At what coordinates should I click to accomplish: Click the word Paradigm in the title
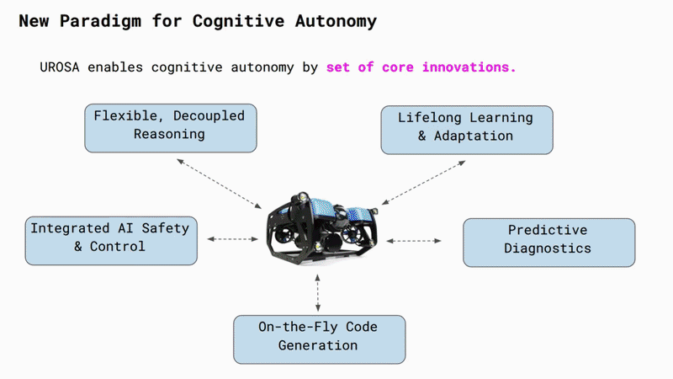click(x=100, y=21)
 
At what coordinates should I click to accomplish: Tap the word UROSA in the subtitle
click(x=60, y=67)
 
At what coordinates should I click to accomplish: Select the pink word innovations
click(x=469, y=67)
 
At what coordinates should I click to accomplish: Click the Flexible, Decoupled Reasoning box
click(x=171, y=128)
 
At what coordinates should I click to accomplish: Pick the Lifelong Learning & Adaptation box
click(x=467, y=130)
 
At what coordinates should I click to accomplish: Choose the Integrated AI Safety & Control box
click(x=111, y=241)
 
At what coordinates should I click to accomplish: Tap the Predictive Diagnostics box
click(x=549, y=243)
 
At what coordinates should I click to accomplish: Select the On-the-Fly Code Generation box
click(x=320, y=339)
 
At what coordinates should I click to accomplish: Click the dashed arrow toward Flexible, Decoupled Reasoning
click(x=220, y=184)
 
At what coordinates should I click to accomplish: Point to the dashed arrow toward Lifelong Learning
click(x=424, y=183)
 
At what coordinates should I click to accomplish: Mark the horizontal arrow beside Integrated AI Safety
click(x=233, y=239)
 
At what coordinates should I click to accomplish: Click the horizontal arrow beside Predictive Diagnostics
click(x=414, y=241)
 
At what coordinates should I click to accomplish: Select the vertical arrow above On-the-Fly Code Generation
click(x=318, y=292)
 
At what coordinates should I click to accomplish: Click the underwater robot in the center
click(x=322, y=227)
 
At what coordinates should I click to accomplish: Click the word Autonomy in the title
click(x=336, y=21)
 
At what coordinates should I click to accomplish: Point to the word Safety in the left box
click(x=165, y=228)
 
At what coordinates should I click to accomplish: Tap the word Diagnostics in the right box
click(x=548, y=248)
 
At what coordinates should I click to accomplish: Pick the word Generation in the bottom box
click(x=318, y=345)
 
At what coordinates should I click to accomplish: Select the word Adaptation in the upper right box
click(x=474, y=136)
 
